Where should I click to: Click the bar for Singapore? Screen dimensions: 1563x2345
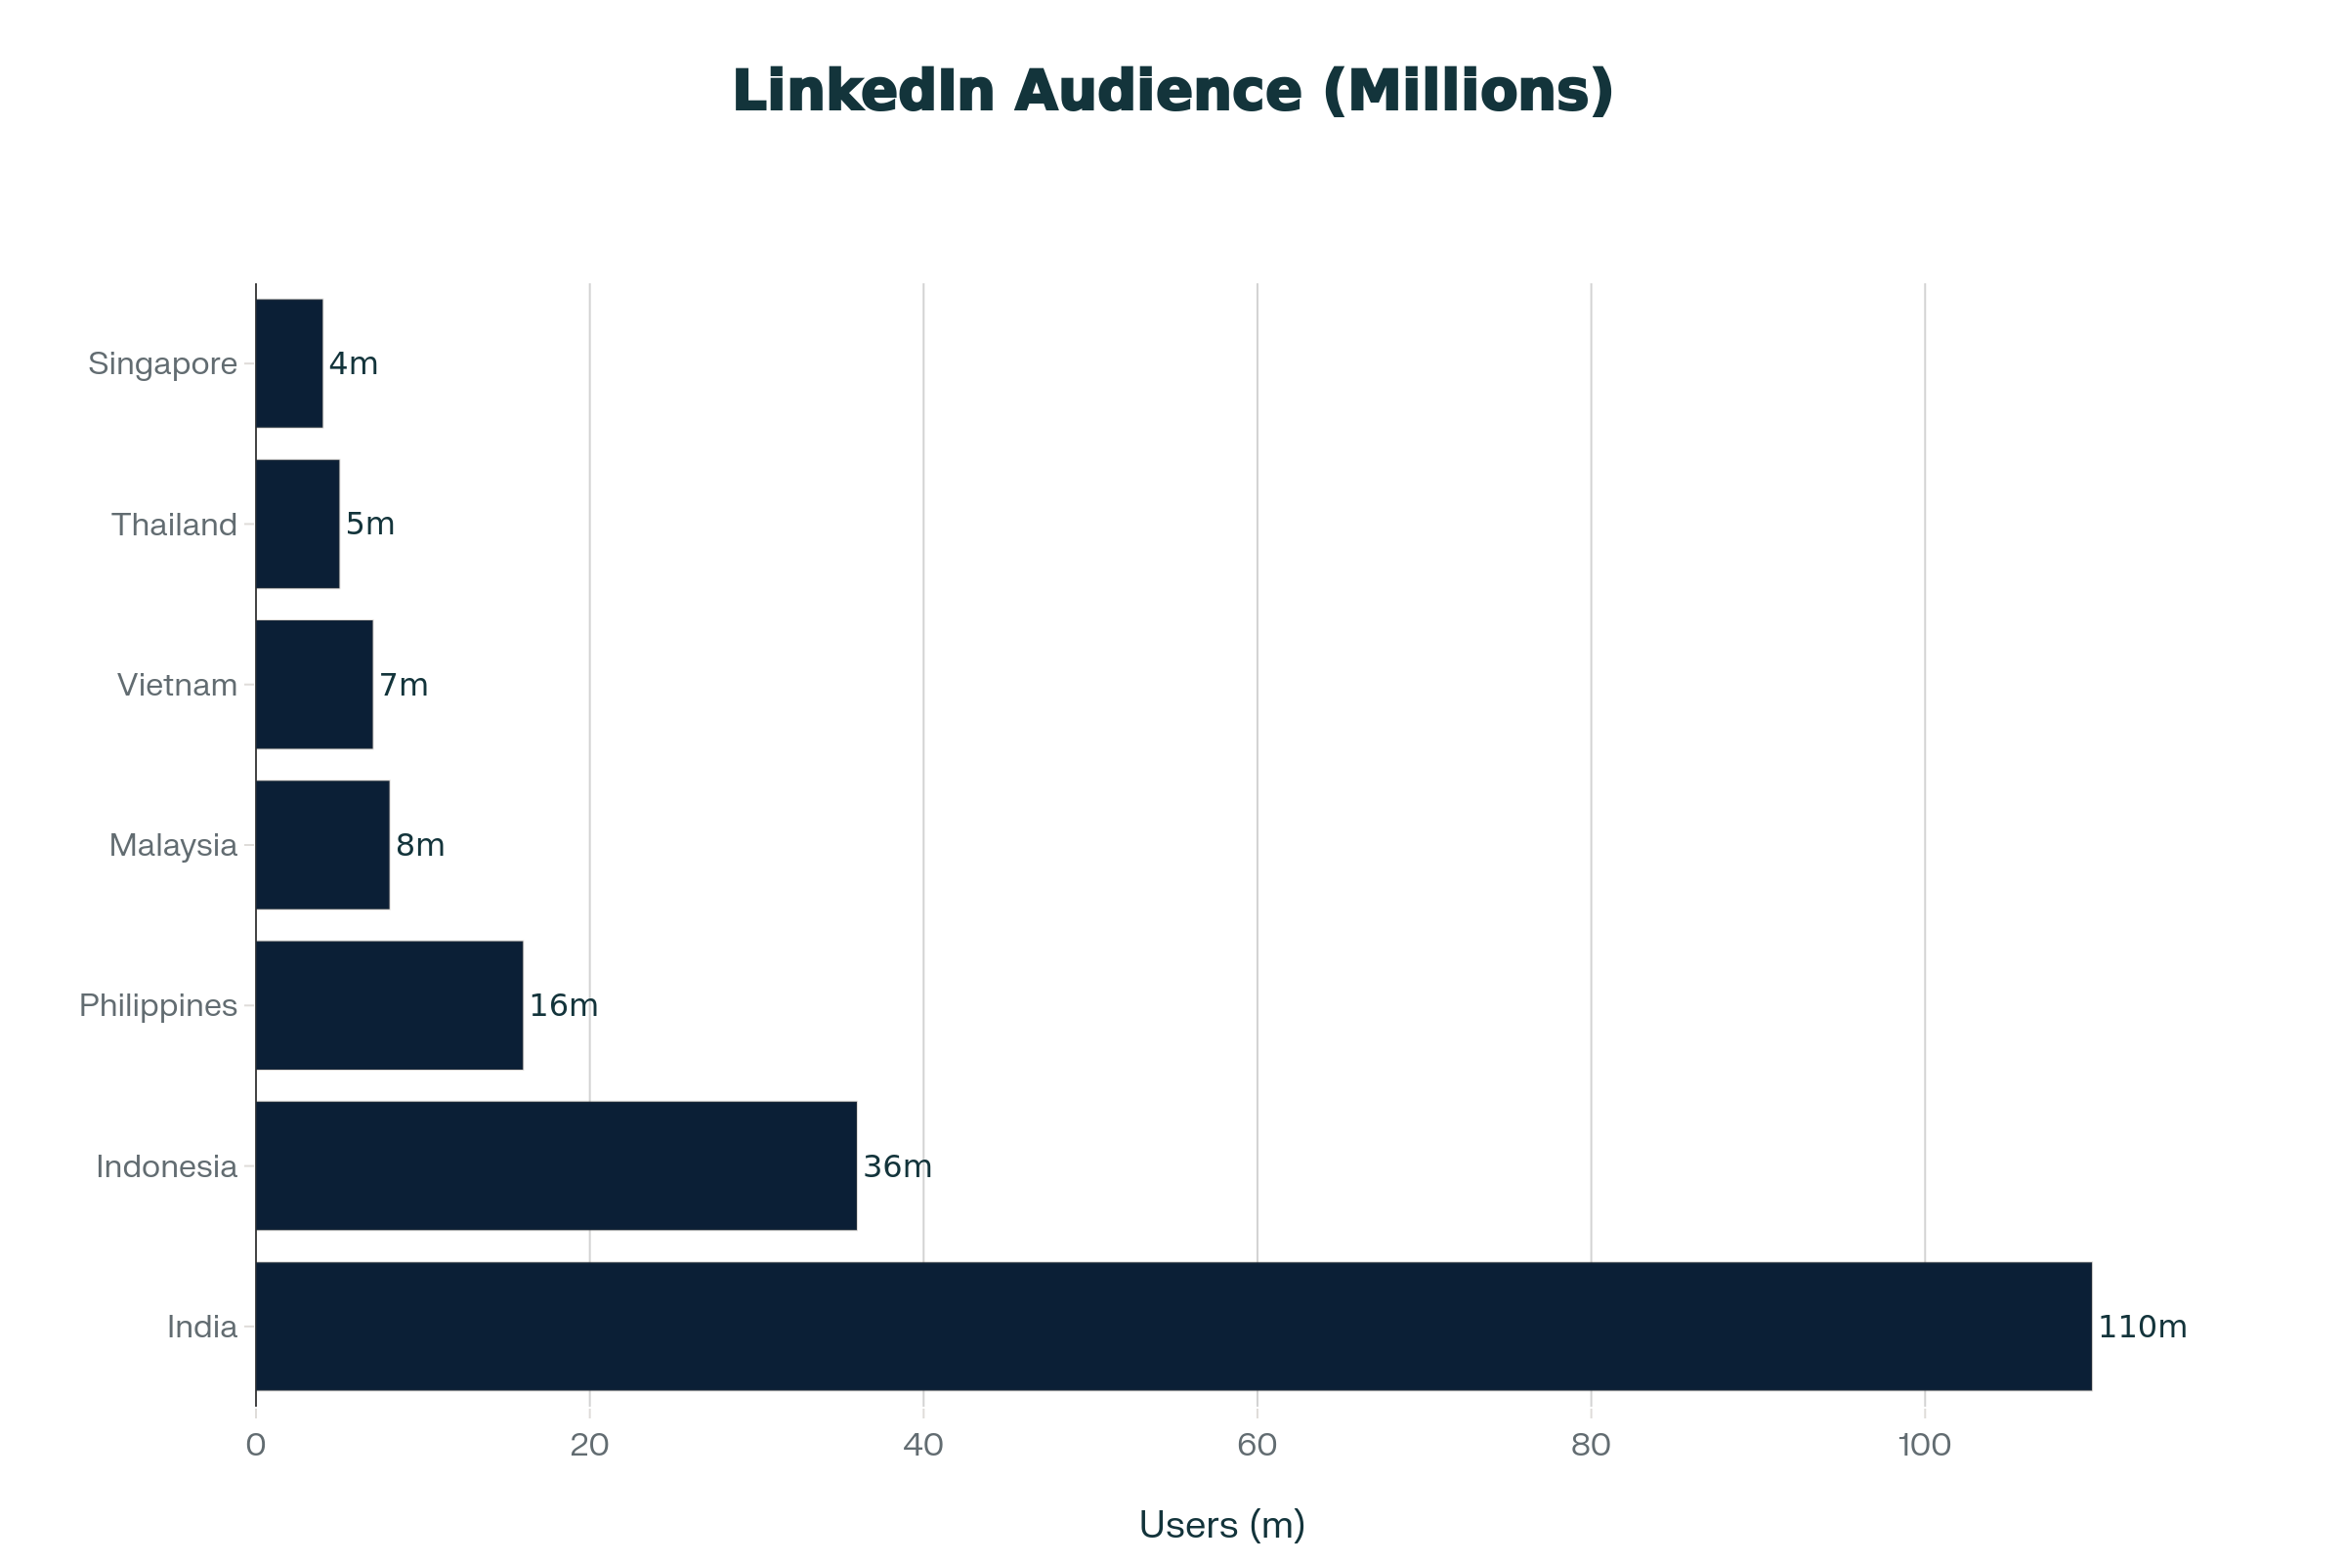tap(289, 363)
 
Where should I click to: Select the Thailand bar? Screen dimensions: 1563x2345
tap(297, 525)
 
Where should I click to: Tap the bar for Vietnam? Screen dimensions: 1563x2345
tap(314, 685)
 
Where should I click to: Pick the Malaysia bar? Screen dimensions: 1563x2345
tap(322, 845)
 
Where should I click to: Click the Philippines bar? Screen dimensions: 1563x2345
tap(389, 1006)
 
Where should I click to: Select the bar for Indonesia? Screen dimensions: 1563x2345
tap(555, 1166)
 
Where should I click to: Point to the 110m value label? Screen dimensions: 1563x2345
tap(2143, 1327)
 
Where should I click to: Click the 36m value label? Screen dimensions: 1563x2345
tap(897, 1166)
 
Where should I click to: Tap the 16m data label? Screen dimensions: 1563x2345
tap(564, 1006)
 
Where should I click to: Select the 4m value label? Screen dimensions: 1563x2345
tap(354, 363)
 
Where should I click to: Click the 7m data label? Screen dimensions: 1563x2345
tap(404, 685)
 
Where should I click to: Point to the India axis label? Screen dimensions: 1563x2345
tap(202, 1327)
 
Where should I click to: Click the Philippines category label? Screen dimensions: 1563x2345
tap(158, 1006)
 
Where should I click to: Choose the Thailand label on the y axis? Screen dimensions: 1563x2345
tap(175, 525)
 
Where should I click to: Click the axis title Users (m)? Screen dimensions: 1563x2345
tap(1221, 1524)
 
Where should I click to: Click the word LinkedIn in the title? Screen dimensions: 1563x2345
tap(864, 91)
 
